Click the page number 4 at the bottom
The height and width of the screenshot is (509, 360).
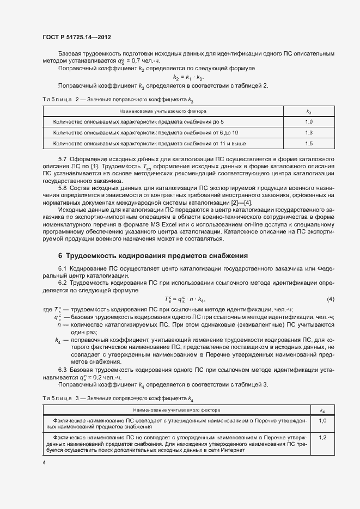click(44, 462)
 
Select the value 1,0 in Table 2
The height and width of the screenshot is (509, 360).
click(309, 122)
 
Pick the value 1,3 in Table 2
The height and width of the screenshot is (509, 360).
click(309, 133)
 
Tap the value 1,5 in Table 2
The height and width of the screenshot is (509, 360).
click(309, 144)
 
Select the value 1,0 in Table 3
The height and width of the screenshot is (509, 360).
click(322, 421)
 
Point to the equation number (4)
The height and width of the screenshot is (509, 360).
click(330, 300)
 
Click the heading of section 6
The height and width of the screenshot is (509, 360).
click(152, 255)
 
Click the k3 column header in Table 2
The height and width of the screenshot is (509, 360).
click(309, 111)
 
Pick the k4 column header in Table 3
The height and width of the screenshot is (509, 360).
click(322, 410)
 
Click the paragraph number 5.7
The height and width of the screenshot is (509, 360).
click(63, 159)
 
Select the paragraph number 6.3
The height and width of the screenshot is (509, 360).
click(63, 370)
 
